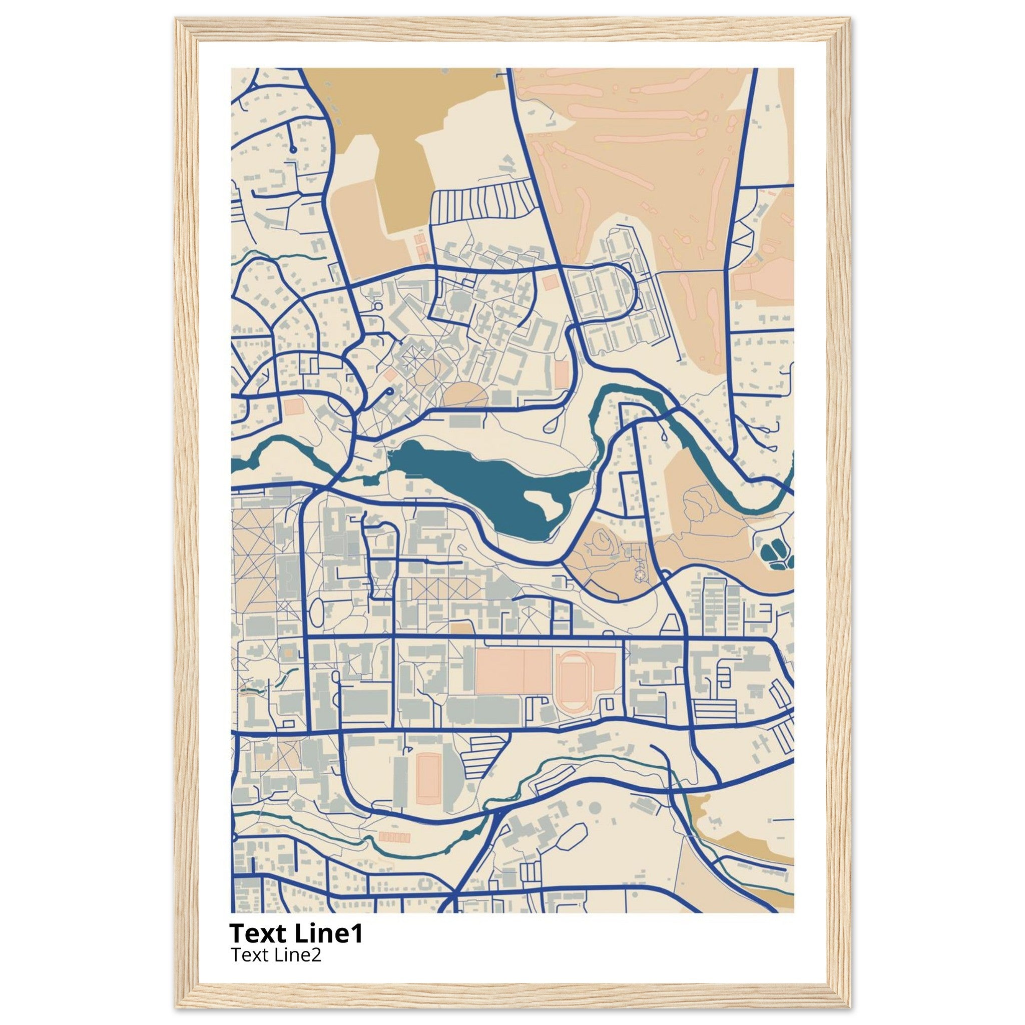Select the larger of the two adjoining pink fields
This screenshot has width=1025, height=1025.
pos(500,672)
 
